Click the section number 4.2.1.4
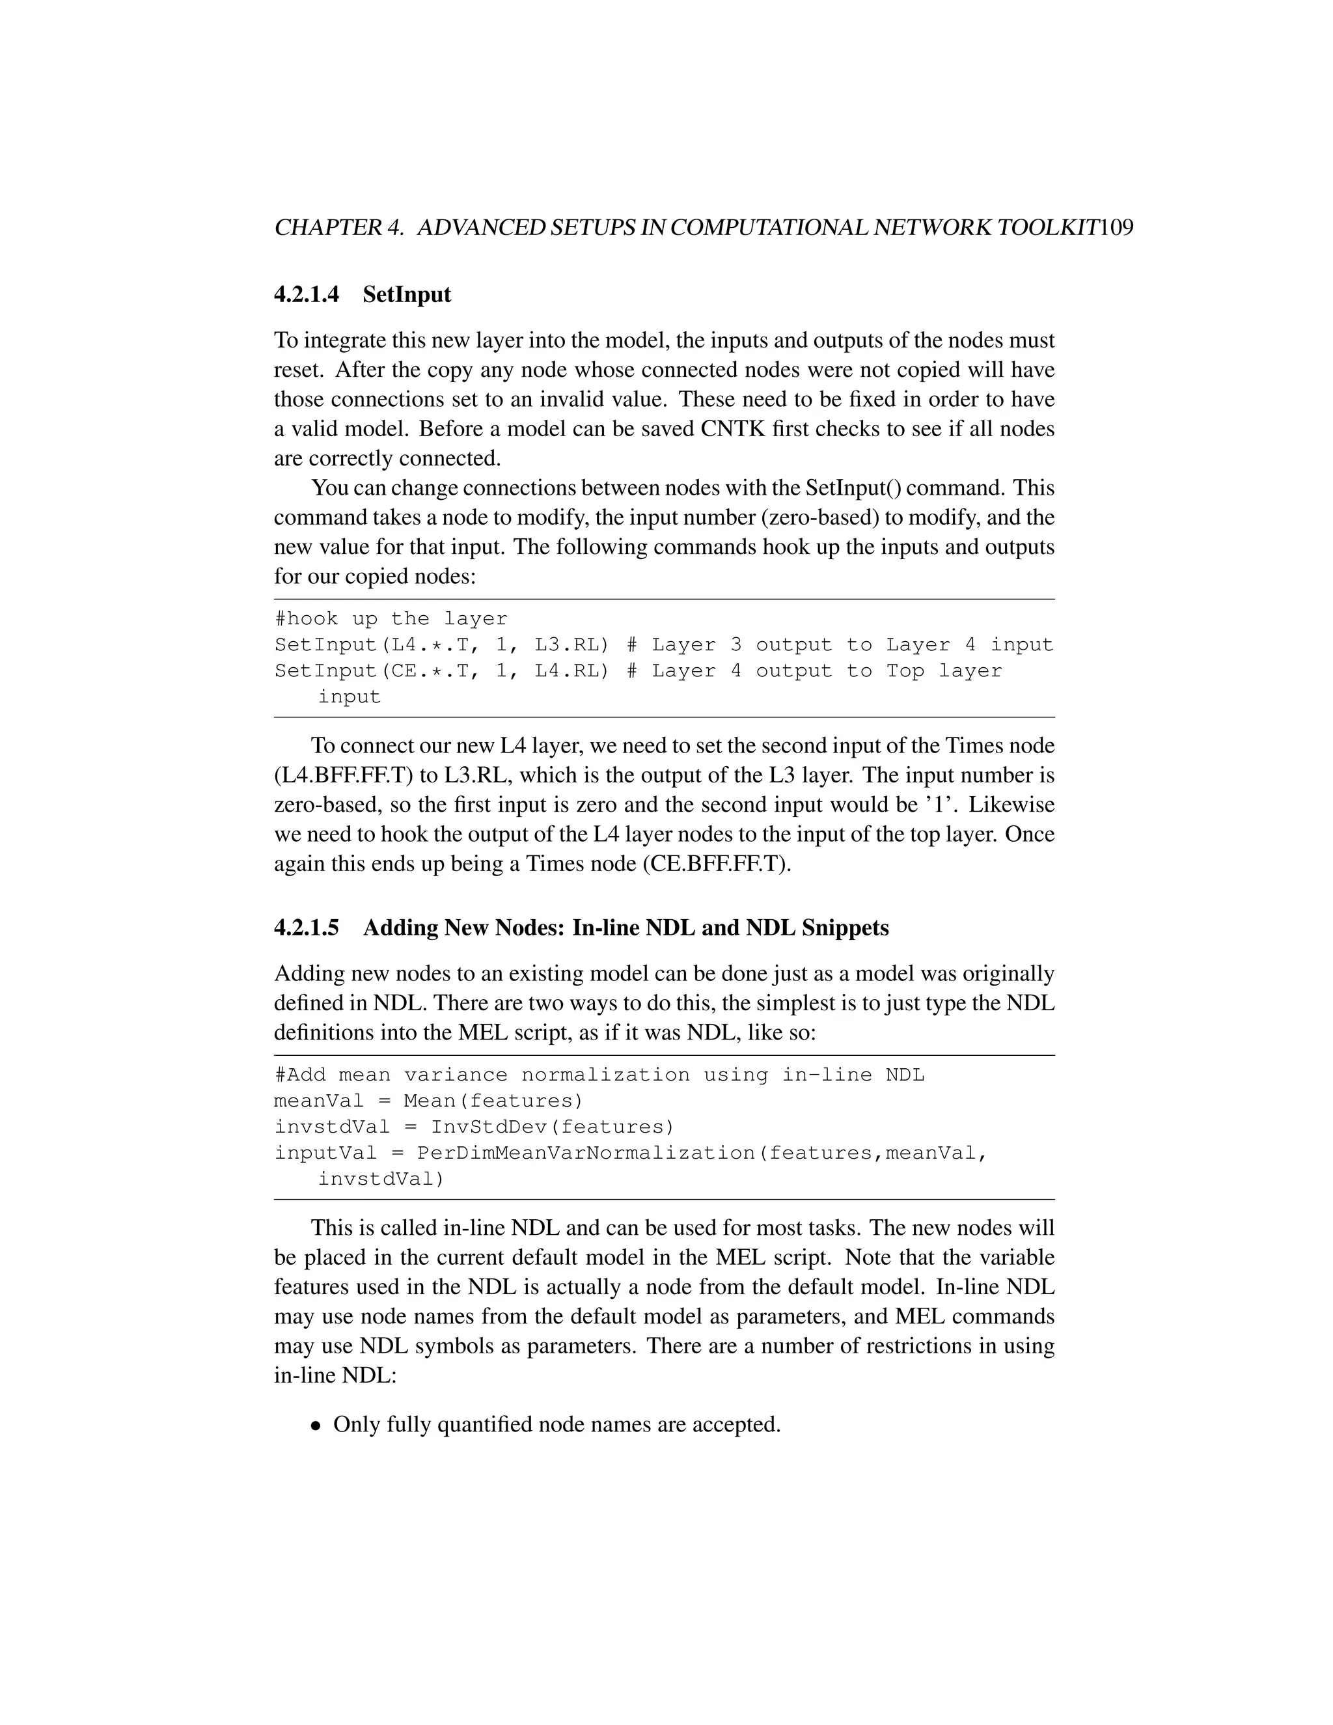(x=307, y=295)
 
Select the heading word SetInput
(x=407, y=295)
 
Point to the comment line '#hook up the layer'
(x=391, y=619)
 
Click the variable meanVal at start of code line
(x=318, y=1101)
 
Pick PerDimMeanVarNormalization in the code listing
(x=586, y=1153)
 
